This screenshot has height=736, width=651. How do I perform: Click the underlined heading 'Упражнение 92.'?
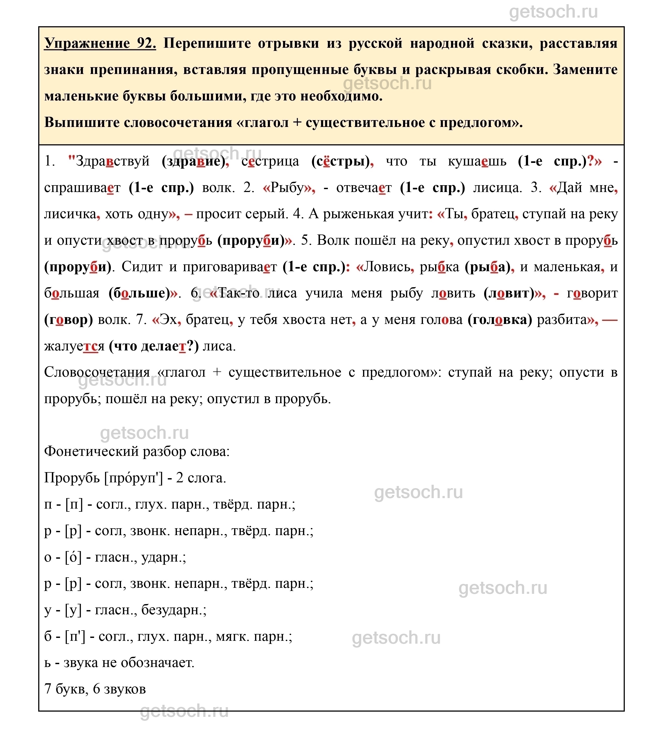click(x=100, y=43)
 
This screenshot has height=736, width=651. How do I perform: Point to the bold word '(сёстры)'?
click(x=340, y=161)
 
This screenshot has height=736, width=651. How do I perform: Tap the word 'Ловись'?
click(x=387, y=267)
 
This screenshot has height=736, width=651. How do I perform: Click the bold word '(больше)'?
click(x=139, y=293)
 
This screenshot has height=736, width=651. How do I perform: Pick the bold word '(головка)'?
click(x=500, y=320)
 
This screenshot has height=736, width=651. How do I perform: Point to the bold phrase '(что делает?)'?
click(x=154, y=346)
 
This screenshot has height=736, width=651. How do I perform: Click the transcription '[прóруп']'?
click(x=133, y=478)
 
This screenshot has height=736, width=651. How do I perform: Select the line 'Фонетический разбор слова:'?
click(x=137, y=451)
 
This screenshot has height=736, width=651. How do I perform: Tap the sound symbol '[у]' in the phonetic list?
click(x=73, y=610)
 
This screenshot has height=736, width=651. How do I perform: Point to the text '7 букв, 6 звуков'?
click(x=95, y=689)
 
